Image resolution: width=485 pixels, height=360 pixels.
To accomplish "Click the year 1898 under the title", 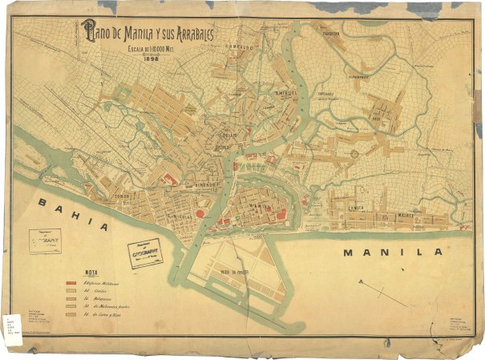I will pyautogui.click(x=152, y=56).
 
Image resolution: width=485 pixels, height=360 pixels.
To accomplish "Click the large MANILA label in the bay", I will pyautogui.click(x=393, y=252).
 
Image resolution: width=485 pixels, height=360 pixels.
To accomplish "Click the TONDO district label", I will pyautogui.click(x=123, y=196).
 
